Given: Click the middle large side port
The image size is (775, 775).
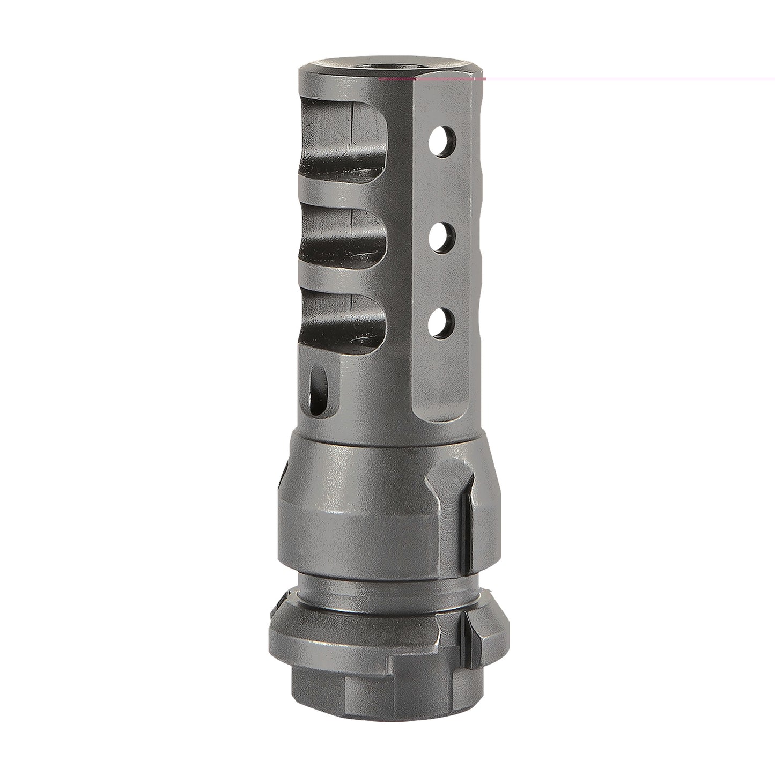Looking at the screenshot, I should tap(343, 236).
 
